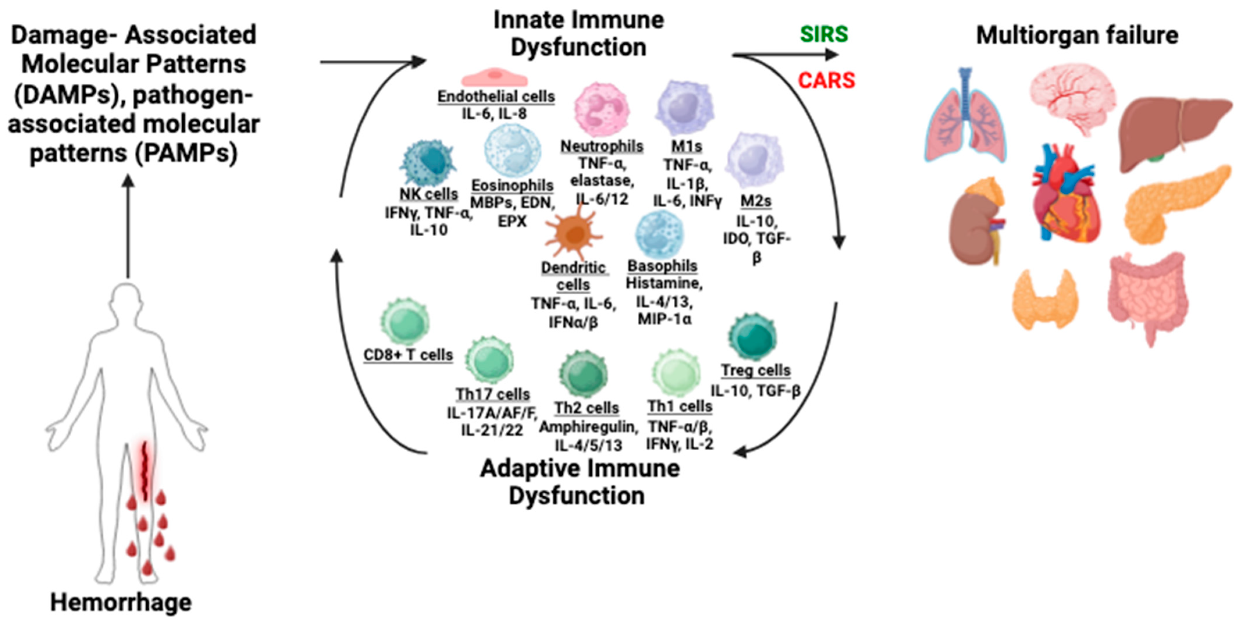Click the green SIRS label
(823, 34)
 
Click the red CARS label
(826, 80)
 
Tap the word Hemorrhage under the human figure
(121, 602)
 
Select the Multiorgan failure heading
(1077, 35)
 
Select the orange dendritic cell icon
(573, 234)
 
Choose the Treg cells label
(755, 370)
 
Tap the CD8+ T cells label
(408, 355)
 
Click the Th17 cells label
(492, 394)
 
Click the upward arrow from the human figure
(128, 227)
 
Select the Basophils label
(662, 266)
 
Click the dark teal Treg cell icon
(752, 336)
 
